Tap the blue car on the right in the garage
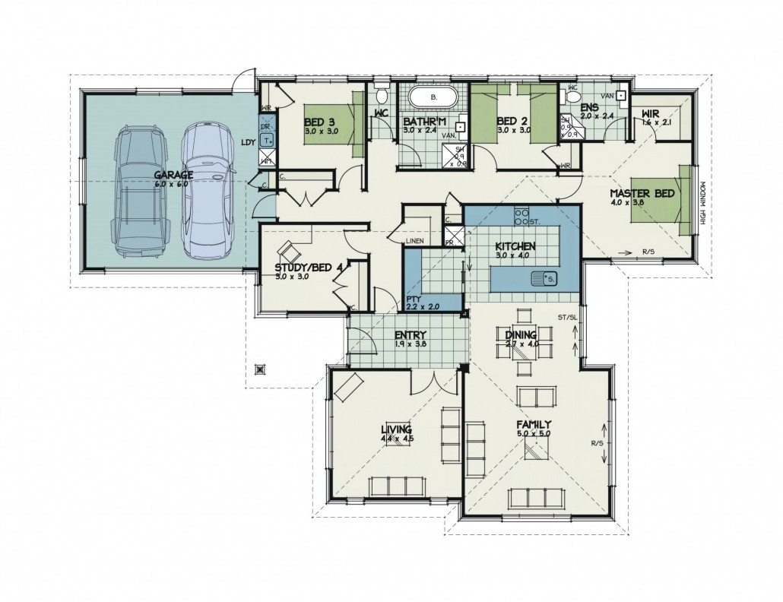205,190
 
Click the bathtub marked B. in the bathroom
433,99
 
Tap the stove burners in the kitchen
521,217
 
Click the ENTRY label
411,336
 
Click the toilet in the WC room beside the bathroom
382,97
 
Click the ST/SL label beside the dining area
567,318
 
